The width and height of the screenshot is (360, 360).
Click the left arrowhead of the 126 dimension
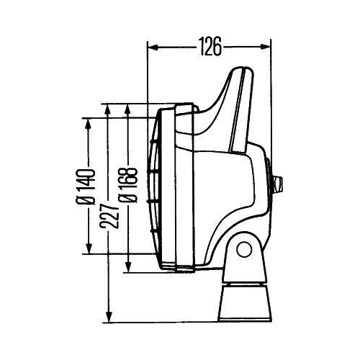[151, 48]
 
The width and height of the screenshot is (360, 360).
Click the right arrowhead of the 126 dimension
[270, 48]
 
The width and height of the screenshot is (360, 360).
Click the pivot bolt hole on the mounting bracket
[245, 250]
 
